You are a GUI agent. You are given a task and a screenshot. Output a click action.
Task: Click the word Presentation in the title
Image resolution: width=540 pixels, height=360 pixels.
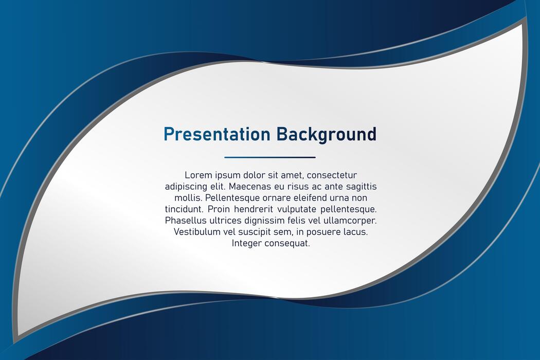point(217,134)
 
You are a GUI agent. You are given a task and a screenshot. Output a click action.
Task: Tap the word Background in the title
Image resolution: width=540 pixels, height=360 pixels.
point(327,134)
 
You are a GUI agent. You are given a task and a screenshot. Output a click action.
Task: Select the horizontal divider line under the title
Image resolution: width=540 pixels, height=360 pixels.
point(270,157)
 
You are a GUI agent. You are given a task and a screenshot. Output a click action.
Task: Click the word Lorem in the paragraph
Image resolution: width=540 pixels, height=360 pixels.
point(198,175)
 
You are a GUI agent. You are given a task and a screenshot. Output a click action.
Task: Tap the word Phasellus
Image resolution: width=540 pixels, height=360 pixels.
point(184,221)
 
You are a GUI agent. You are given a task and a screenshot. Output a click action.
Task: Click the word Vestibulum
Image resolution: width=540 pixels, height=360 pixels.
point(196,232)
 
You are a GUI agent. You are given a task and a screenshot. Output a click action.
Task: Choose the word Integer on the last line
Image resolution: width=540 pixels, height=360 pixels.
point(246,243)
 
